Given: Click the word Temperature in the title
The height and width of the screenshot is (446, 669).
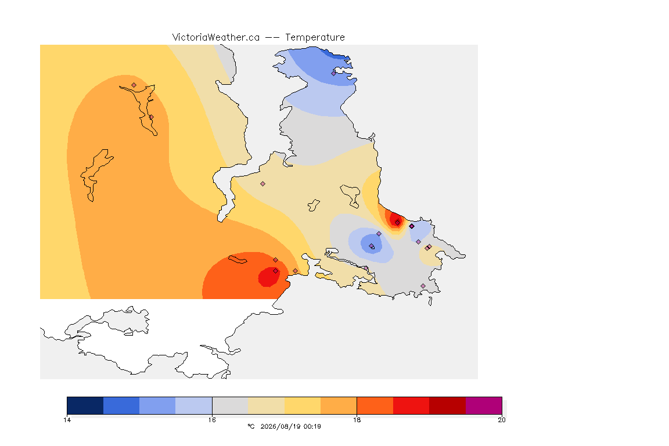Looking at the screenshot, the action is [x=315, y=38].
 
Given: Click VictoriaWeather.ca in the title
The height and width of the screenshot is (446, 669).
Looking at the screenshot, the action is [x=216, y=38].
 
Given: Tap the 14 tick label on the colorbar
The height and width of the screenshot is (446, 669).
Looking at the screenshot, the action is [x=67, y=420].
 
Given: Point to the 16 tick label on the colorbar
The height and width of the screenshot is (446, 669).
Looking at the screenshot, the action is [x=212, y=420].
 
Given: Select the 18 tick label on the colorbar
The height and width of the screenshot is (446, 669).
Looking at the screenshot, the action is [x=357, y=420].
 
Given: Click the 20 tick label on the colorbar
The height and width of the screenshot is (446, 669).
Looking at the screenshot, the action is [x=502, y=420].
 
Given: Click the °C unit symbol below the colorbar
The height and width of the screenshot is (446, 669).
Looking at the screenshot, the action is [x=251, y=426].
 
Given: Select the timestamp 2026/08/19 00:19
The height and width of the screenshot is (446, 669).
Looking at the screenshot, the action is [x=290, y=426].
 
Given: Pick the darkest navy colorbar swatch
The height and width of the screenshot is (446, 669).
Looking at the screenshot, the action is [x=85, y=405].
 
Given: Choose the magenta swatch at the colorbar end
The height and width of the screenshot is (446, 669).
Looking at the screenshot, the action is [x=484, y=405].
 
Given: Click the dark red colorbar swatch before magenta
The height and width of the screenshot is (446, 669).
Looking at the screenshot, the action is [x=448, y=405].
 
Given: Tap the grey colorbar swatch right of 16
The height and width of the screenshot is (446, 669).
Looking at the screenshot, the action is [x=231, y=405].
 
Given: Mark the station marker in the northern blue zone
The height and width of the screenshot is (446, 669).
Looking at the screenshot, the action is [x=334, y=73].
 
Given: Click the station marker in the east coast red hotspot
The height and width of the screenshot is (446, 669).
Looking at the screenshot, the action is [x=398, y=222].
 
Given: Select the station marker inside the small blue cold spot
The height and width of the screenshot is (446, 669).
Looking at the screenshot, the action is [x=372, y=246].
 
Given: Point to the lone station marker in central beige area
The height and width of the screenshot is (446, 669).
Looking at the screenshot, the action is [x=263, y=184].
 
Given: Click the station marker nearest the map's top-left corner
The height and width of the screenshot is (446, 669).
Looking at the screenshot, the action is [x=134, y=85].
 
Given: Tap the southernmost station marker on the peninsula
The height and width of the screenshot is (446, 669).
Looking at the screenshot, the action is [x=423, y=286].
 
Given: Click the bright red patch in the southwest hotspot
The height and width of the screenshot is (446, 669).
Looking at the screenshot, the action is [x=269, y=276].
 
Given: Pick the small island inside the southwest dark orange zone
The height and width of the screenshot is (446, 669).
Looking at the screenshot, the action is [x=238, y=259].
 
